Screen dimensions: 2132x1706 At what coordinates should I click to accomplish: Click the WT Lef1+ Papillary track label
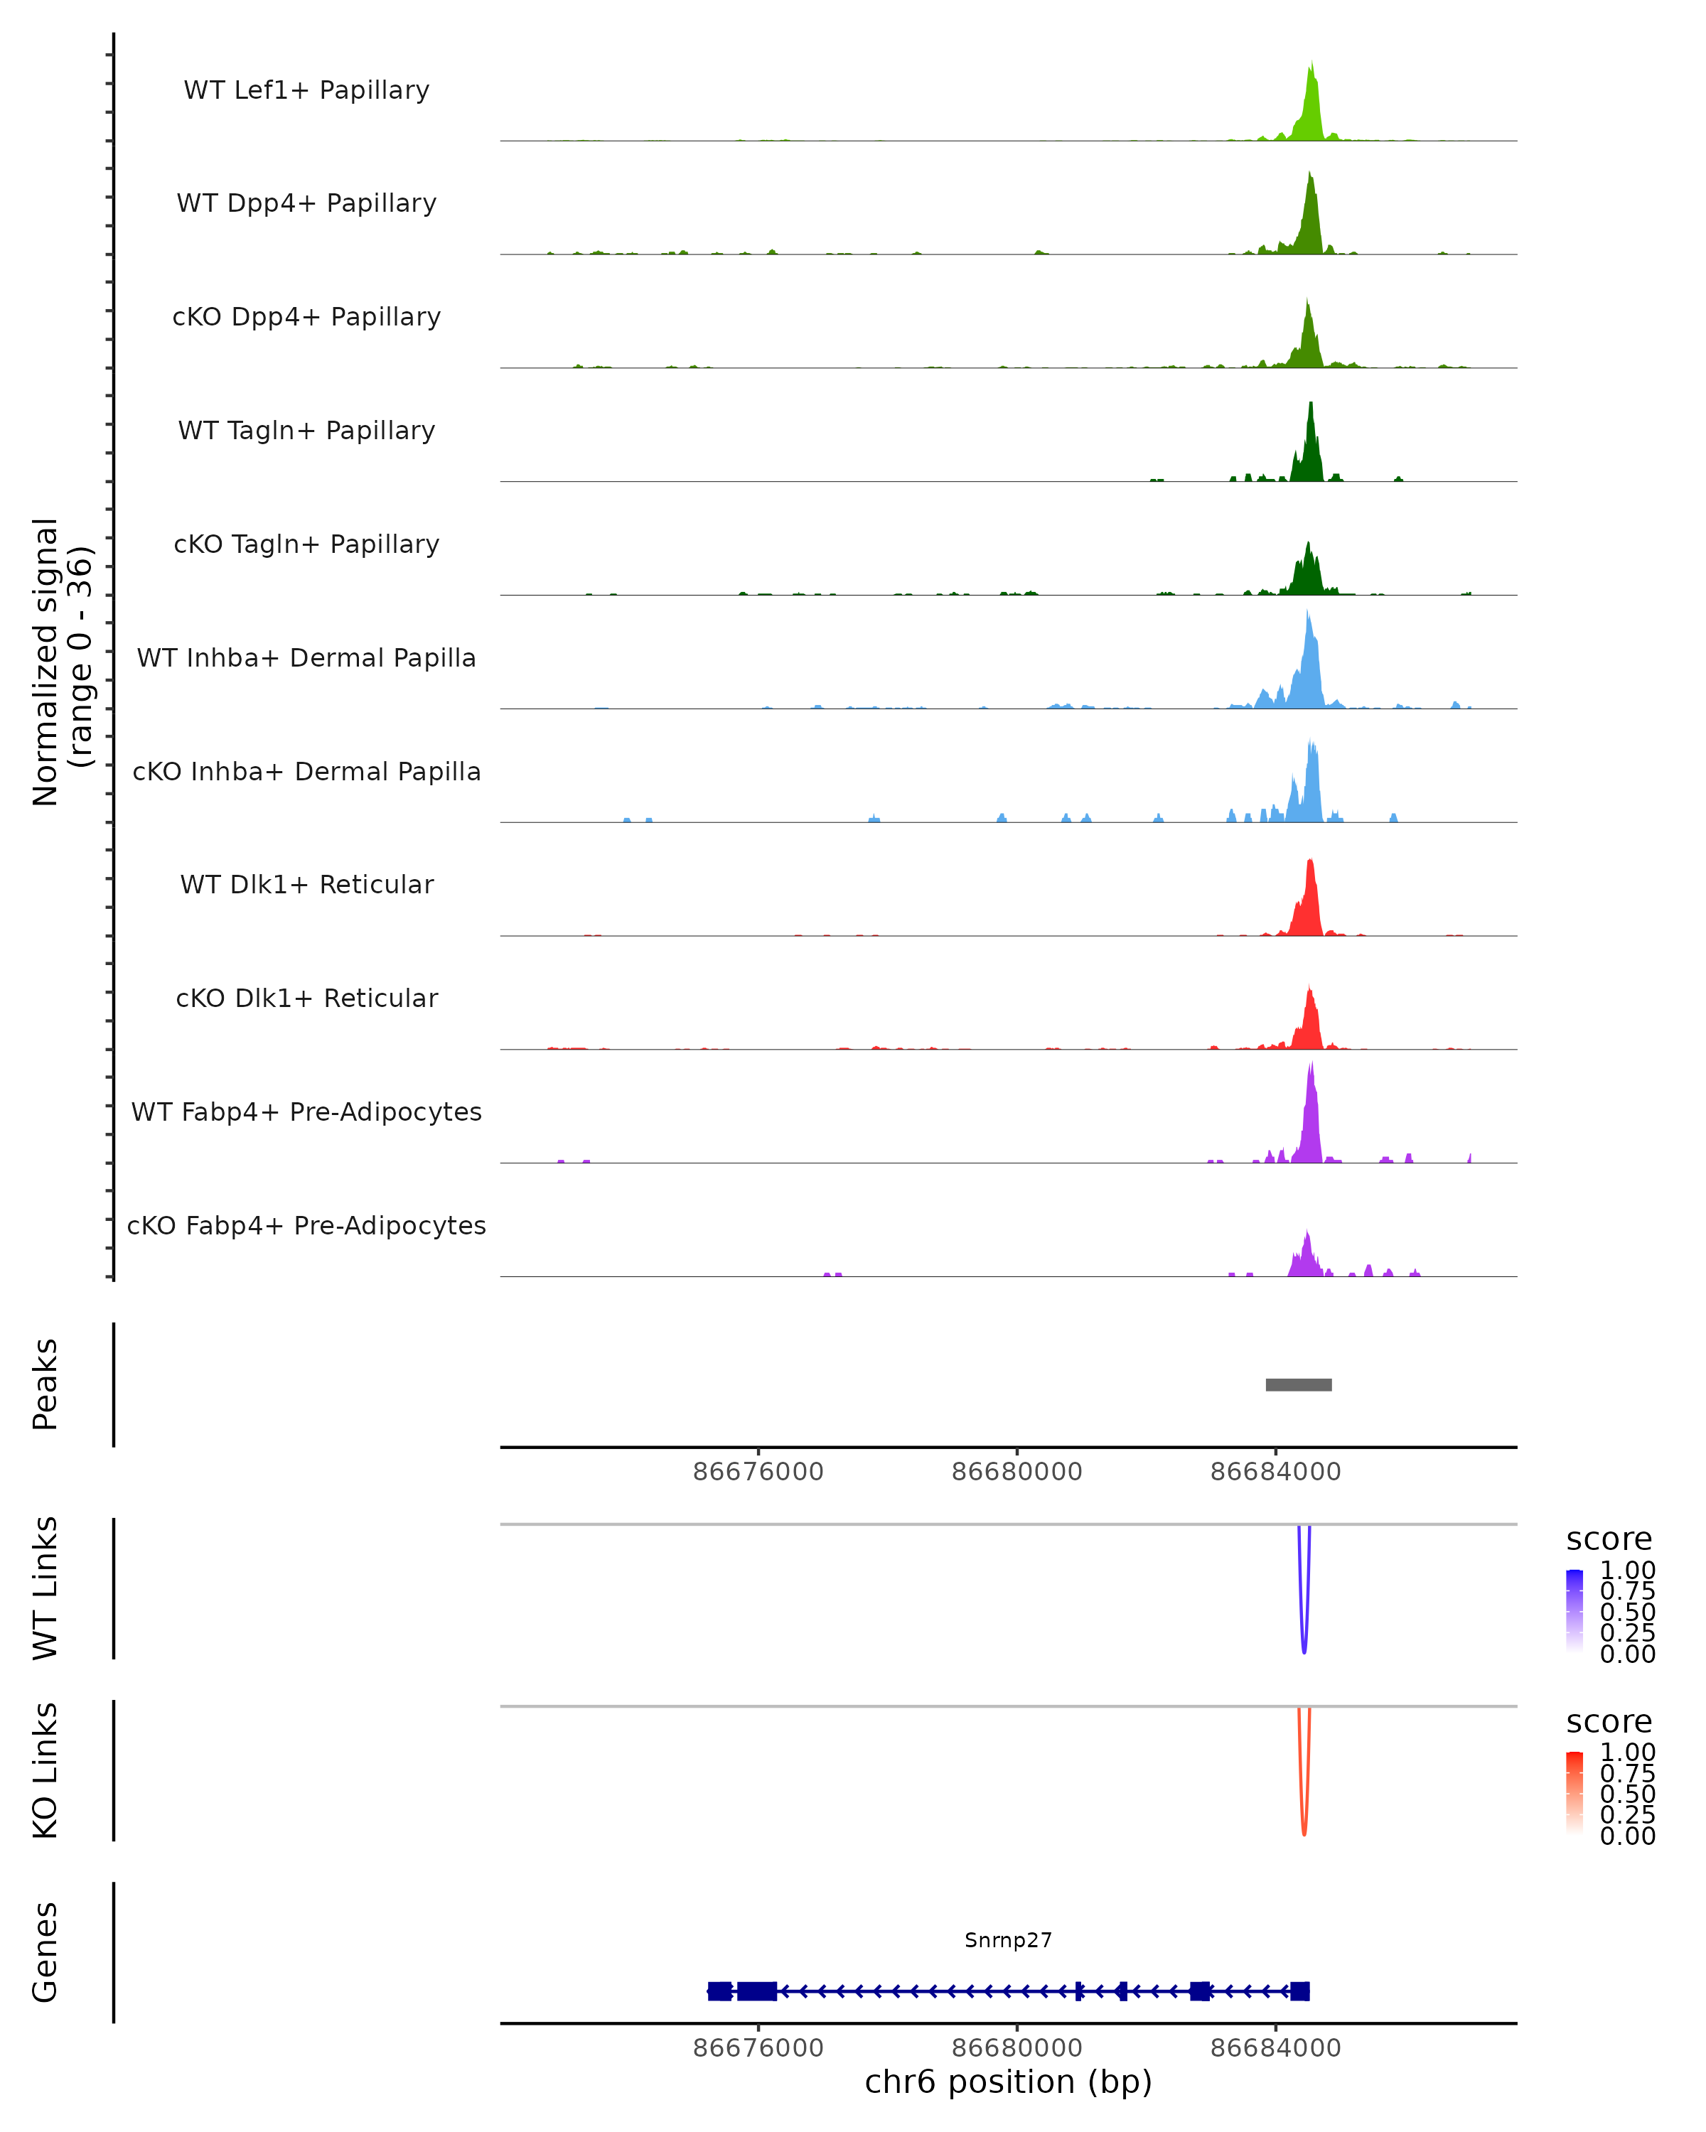pyautogui.click(x=306, y=90)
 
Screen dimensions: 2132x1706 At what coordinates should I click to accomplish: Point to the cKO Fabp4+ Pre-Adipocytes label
pyautogui.click(x=306, y=1225)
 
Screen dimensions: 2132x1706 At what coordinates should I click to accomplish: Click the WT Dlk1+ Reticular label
pyautogui.click(x=306, y=884)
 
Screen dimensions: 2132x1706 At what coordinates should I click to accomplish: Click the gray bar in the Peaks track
pyautogui.click(x=1299, y=1384)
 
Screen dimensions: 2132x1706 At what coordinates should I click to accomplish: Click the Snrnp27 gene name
pyautogui.click(x=1008, y=1940)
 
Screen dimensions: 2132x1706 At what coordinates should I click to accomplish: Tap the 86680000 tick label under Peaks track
pyautogui.click(x=1016, y=1472)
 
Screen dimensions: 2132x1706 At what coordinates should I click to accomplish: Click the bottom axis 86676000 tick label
pyautogui.click(x=758, y=2048)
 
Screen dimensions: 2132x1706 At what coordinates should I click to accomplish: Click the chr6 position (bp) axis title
pyautogui.click(x=1008, y=2082)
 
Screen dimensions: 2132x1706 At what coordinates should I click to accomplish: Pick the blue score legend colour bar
pyautogui.click(x=1574, y=1611)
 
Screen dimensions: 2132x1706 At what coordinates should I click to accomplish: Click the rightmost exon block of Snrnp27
pyautogui.click(x=1299, y=1991)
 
